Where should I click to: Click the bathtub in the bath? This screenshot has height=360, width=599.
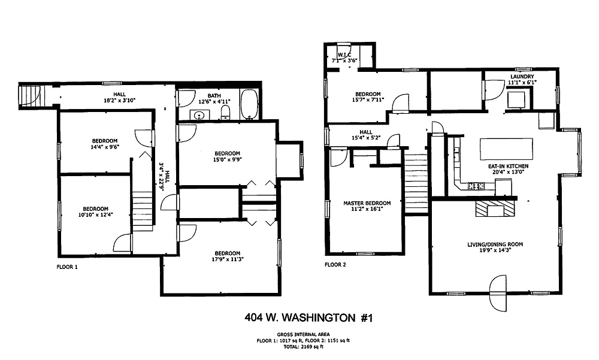click(249, 104)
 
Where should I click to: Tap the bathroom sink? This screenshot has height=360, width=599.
click(199, 115)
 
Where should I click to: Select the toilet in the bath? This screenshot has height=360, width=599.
click(225, 113)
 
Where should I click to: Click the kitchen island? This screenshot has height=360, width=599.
click(506, 149)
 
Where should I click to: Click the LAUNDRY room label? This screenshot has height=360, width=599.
click(522, 77)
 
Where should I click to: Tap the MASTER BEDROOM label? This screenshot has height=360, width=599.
click(367, 203)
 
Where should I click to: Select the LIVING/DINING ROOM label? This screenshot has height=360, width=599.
click(495, 244)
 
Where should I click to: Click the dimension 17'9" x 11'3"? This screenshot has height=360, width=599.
click(227, 259)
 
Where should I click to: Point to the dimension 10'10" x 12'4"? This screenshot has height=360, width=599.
click(95, 214)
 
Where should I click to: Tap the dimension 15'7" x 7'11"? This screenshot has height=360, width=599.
click(368, 99)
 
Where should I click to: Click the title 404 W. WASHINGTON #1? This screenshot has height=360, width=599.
click(308, 317)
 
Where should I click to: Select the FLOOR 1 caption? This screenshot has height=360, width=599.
click(67, 267)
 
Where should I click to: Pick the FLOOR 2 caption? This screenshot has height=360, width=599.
click(335, 264)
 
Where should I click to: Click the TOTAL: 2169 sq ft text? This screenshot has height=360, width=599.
click(303, 347)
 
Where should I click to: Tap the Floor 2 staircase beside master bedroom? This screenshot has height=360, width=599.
click(416, 184)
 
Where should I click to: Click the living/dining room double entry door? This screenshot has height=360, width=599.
click(498, 293)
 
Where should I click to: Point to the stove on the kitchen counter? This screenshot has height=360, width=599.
click(476, 186)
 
